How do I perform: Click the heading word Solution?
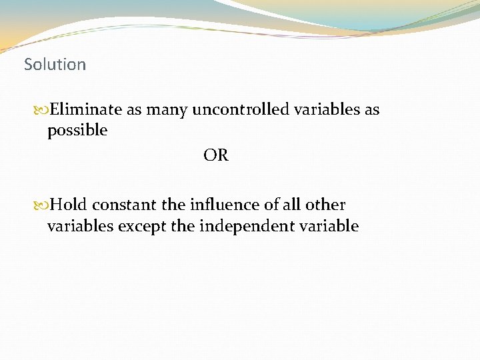[x=55, y=65]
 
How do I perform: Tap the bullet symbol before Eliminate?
[x=41, y=109]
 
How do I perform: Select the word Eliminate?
[x=87, y=109]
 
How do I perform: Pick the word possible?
[x=77, y=131]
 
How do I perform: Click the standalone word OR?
[x=216, y=155]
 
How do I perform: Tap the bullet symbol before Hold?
[x=41, y=205]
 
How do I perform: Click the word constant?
[x=125, y=205]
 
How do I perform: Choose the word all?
[x=293, y=205]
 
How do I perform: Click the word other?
[x=327, y=205]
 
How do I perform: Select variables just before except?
[x=80, y=226]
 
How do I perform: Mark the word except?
[x=141, y=227]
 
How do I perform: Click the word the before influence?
[x=173, y=205]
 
